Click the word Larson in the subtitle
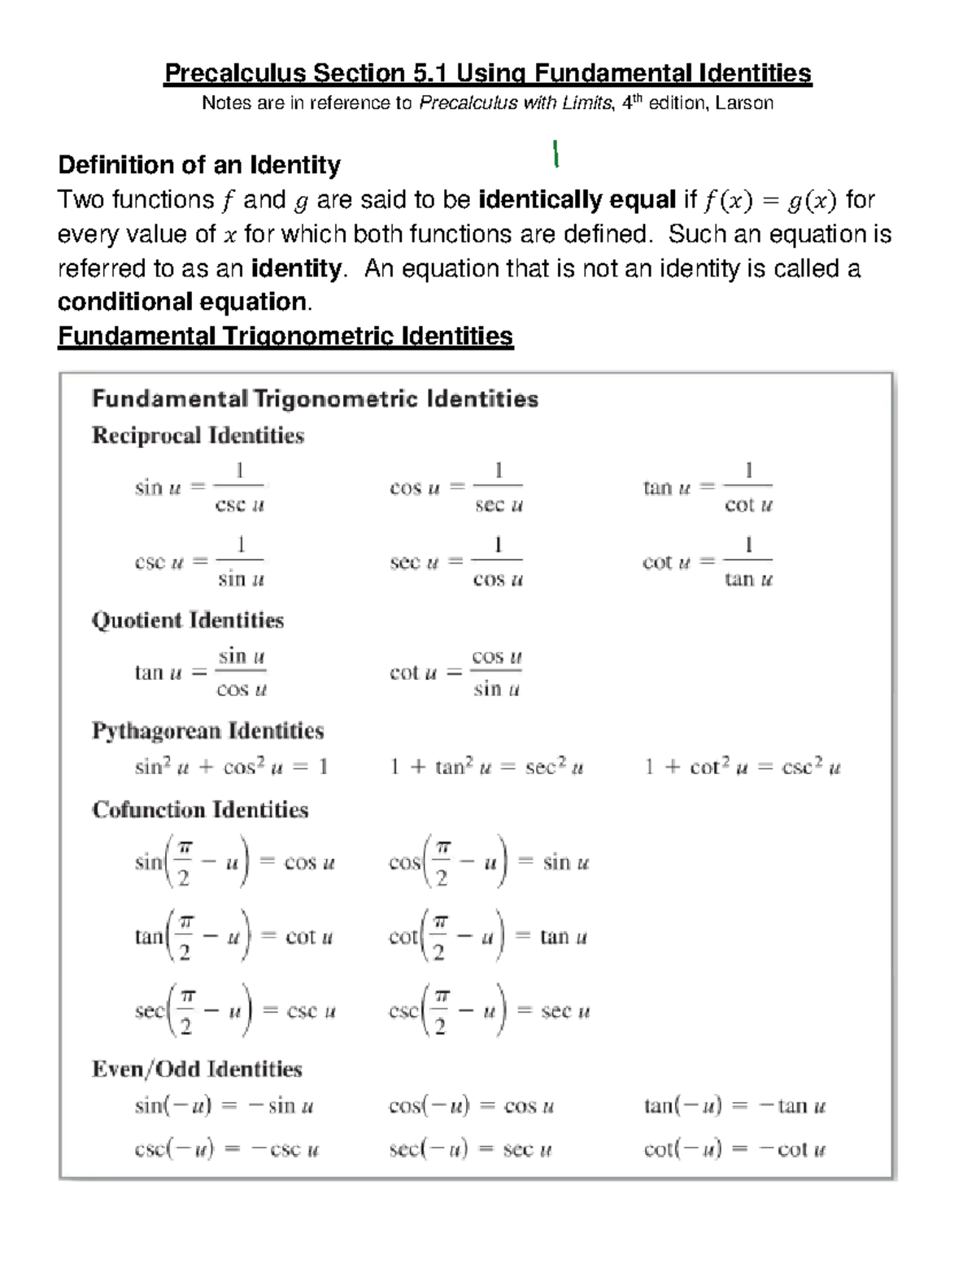(x=744, y=103)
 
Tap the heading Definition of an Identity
(x=199, y=165)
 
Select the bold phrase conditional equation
(x=183, y=302)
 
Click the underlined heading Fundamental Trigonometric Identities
(x=285, y=336)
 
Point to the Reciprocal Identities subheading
(x=198, y=436)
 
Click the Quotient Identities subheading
(x=188, y=621)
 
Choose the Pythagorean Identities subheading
(x=207, y=730)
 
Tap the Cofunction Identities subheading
(x=200, y=810)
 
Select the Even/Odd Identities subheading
(x=197, y=1069)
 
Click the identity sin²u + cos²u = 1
(x=231, y=767)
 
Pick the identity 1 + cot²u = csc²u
(x=743, y=767)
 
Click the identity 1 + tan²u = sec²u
(x=486, y=767)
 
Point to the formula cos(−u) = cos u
(x=472, y=1106)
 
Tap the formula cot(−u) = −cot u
(x=734, y=1149)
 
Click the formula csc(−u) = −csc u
(x=227, y=1149)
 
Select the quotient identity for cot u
(x=455, y=673)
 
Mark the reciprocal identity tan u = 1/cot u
(x=708, y=488)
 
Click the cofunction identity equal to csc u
(x=235, y=1011)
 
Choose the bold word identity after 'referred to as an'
(x=297, y=268)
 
